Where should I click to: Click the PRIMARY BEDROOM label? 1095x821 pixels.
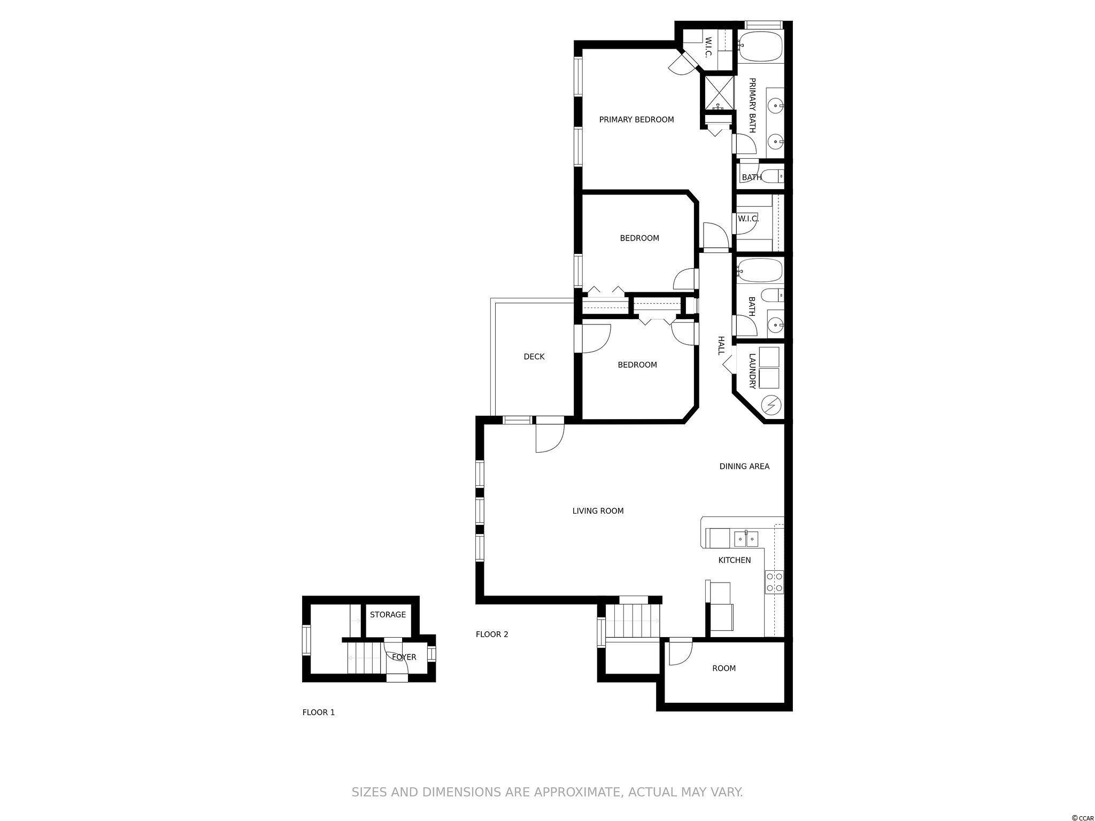click(x=636, y=120)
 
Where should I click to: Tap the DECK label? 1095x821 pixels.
click(x=534, y=357)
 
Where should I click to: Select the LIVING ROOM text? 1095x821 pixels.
click(x=598, y=511)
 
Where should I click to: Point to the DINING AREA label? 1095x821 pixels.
click(x=744, y=467)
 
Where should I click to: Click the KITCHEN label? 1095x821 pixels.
click(x=734, y=560)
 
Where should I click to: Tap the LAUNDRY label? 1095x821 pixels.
click(x=752, y=370)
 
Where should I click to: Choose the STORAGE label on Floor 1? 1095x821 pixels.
click(x=388, y=615)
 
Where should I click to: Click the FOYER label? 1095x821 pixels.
click(x=404, y=657)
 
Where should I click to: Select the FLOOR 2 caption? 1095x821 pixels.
click(x=492, y=634)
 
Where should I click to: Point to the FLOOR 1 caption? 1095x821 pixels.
click(x=319, y=712)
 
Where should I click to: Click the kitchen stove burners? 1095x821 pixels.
click(x=774, y=582)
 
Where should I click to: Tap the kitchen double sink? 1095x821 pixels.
click(x=746, y=539)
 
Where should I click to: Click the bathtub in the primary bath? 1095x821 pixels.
click(x=760, y=46)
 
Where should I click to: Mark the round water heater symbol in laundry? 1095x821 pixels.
click(x=771, y=406)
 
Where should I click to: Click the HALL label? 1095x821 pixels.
click(x=721, y=345)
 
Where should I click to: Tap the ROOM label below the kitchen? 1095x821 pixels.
click(x=724, y=668)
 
